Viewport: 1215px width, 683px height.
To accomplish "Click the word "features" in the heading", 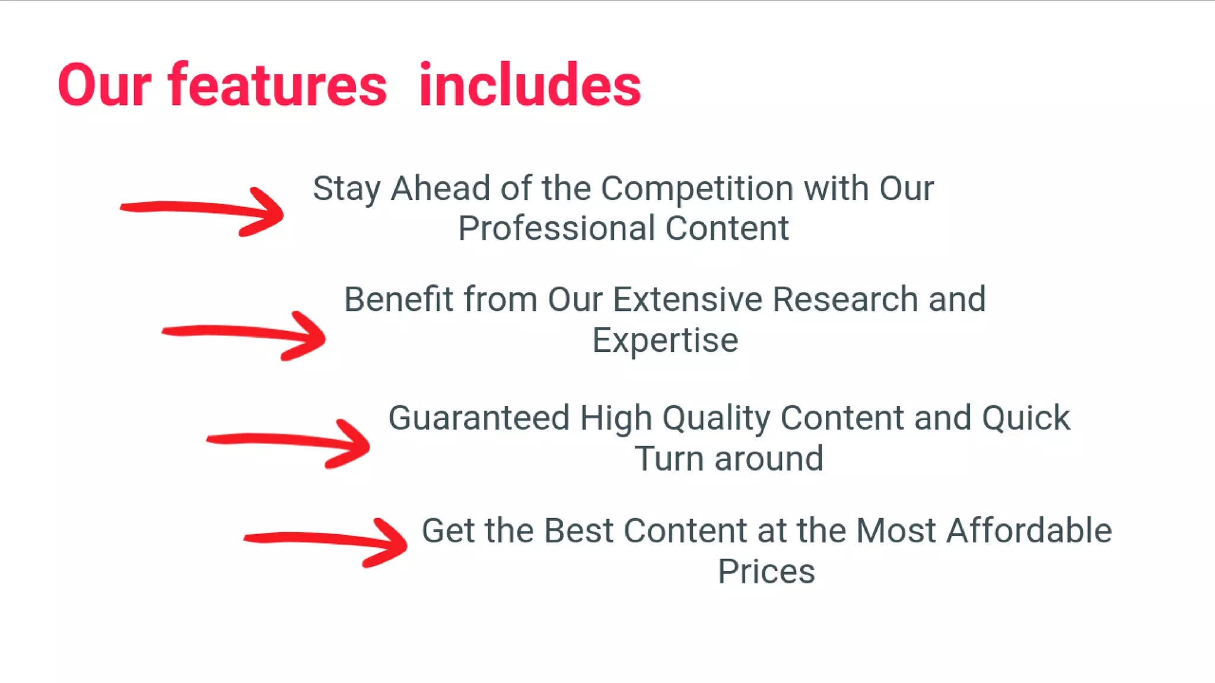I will click(278, 86).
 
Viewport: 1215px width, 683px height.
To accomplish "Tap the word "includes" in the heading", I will click(530, 86).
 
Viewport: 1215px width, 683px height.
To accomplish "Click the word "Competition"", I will click(696, 189).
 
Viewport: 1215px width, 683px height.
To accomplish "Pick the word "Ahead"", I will click(440, 189).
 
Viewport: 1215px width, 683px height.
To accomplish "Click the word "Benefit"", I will click(399, 299).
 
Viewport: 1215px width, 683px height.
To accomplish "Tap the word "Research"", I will click(845, 299).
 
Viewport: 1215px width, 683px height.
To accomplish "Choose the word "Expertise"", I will click(665, 341).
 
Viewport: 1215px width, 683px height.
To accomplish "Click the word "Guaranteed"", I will click(479, 418).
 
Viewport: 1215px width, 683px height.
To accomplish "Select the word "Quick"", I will click(1026, 418).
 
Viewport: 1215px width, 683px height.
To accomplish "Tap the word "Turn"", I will click(669, 459).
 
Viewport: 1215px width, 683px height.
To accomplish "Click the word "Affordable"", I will click(1029, 530).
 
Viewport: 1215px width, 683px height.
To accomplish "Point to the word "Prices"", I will click(766, 571).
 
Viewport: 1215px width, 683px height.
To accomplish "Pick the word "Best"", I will click(578, 530).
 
